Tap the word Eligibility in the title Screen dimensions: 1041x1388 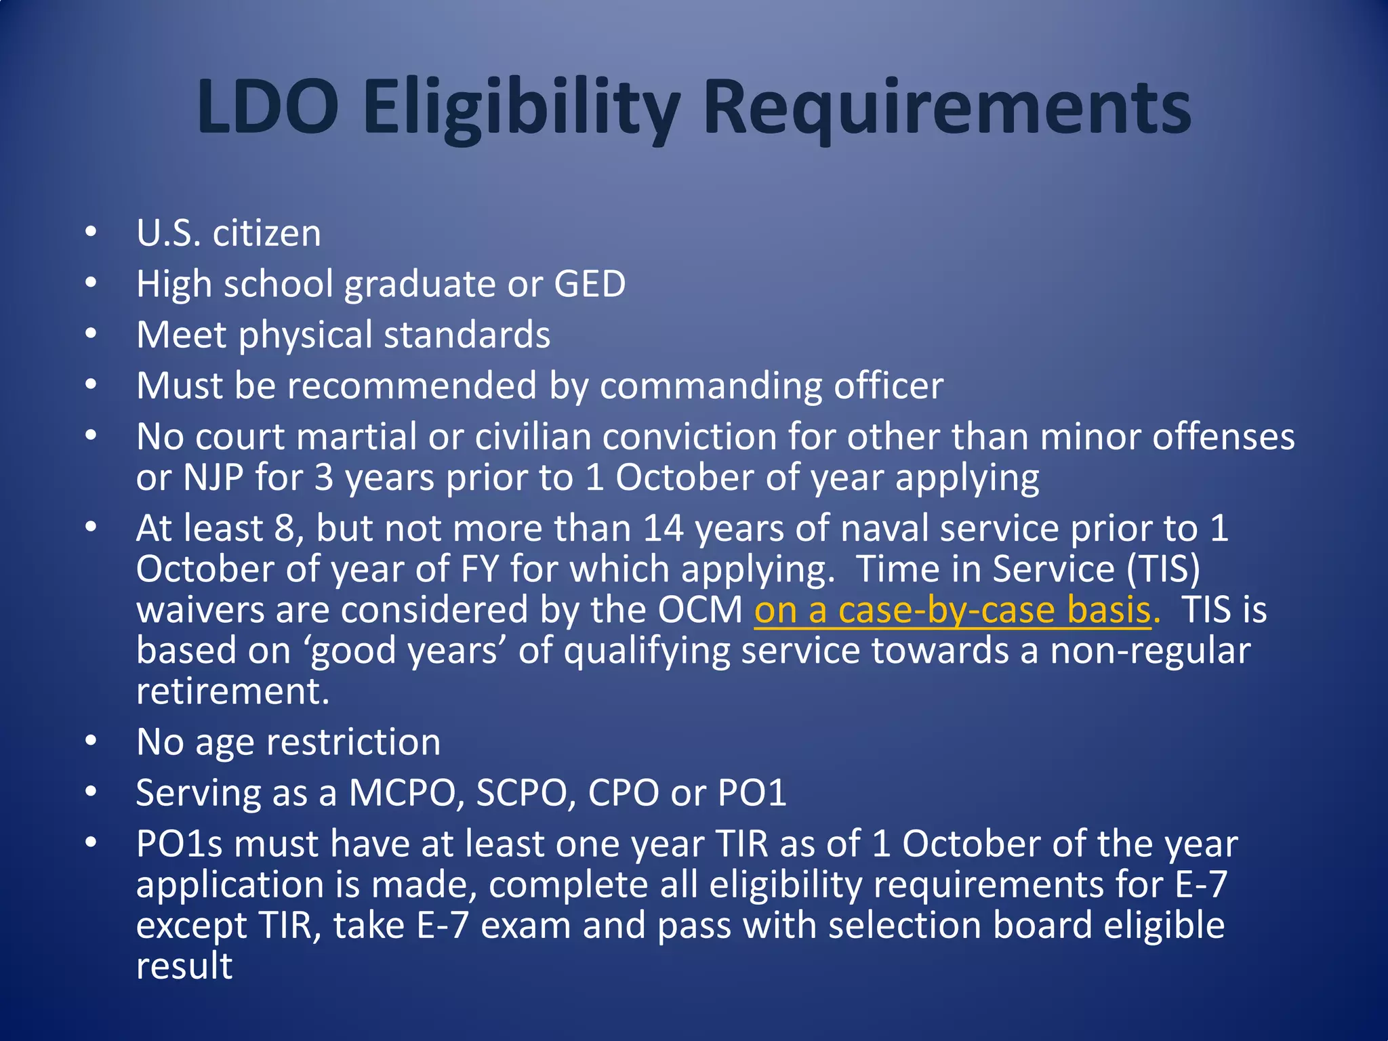520,108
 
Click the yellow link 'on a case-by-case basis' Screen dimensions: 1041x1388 952,610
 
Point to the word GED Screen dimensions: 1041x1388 590,284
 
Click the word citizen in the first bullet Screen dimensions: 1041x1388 266,234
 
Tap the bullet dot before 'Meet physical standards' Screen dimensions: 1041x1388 91,334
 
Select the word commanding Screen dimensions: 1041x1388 710,386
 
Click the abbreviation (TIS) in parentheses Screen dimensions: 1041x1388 1162,569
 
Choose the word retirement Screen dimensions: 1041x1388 232,691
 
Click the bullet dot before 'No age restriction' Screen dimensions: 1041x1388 91,741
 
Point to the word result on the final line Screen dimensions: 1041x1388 184,966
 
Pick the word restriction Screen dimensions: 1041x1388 353,742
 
